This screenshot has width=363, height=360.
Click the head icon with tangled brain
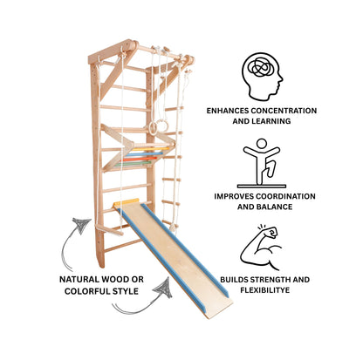[262, 76]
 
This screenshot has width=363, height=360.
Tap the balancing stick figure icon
[261, 163]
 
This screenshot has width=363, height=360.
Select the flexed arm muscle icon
[260, 247]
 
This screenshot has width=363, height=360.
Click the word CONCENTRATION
[284, 111]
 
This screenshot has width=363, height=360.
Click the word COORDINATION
[285, 196]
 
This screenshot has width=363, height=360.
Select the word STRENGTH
[271, 280]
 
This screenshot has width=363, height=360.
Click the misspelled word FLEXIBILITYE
[264, 290]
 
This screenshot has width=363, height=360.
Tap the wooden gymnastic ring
[154, 128]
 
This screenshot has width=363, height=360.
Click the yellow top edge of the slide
[127, 202]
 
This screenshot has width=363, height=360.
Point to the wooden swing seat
[109, 229]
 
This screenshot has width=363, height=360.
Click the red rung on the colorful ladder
[140, 160]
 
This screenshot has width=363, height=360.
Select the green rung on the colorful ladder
[133, 164]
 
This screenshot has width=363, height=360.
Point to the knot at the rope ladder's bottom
[174, 227]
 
